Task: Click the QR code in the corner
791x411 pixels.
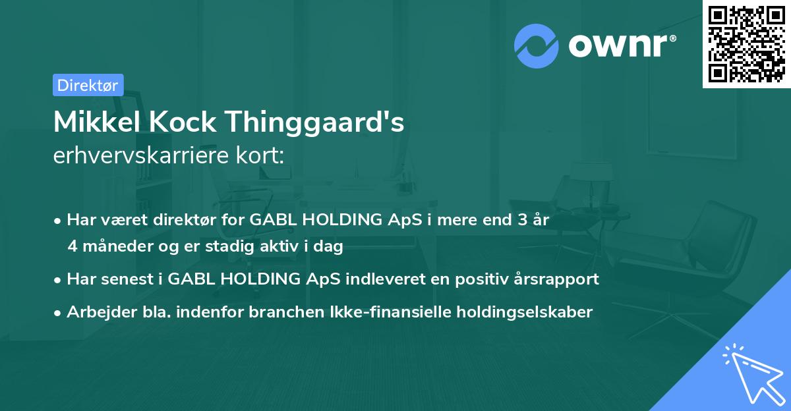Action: tap(746, 43)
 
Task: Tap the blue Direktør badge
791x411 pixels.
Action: tap(88, 85)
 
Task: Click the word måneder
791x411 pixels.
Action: tap(113, 246)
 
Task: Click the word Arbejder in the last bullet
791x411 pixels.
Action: tap(96, 312)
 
